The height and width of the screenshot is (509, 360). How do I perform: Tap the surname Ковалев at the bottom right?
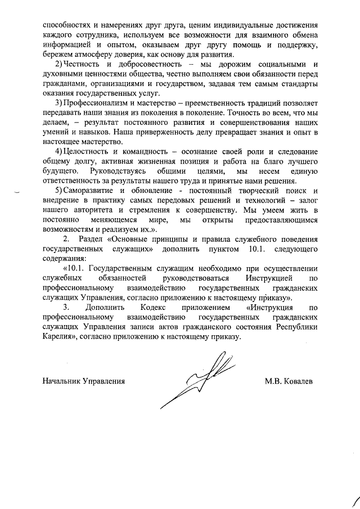coord(298,381)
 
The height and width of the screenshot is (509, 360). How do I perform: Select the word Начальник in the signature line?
coord(61,381)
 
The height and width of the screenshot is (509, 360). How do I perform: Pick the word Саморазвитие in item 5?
coord(90,190)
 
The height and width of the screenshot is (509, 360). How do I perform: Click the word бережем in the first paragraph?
coord(58,55)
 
